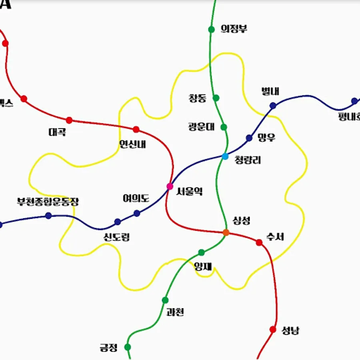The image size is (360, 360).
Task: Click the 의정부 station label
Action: (x=234, y=29)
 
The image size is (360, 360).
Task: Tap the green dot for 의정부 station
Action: (x=212, y=29)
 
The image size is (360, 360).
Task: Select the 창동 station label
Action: (x=197, y=98)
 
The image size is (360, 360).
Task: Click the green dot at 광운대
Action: (x=224, y=127)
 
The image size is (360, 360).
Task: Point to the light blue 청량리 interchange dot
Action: (x=225, y=156)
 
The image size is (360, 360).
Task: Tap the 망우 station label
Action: (x=266, y=138)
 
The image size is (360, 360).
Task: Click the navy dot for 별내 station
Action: (x=273, y=106)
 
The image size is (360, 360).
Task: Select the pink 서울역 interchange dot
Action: (x=170, y=186)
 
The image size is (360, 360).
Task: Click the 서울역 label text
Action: (x=190, y=192)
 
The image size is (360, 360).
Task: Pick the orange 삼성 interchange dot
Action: (x=226, y=232)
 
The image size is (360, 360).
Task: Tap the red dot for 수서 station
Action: (x=259, y=242)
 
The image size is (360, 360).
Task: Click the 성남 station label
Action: (x=290, y=331)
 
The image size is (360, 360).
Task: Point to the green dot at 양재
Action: (x=202, y=252)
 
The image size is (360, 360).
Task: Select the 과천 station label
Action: (x=175, y=312)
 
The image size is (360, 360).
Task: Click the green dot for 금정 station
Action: (x=128, y=347)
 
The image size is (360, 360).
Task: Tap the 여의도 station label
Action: (x=136, y=198)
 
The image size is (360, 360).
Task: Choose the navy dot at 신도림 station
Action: (x=118, y=222)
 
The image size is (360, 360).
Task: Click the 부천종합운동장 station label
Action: (x=48, y=202)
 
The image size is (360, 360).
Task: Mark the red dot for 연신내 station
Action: (x=136, y=129)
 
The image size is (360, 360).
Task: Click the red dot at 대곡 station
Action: (x=69, y=120)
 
